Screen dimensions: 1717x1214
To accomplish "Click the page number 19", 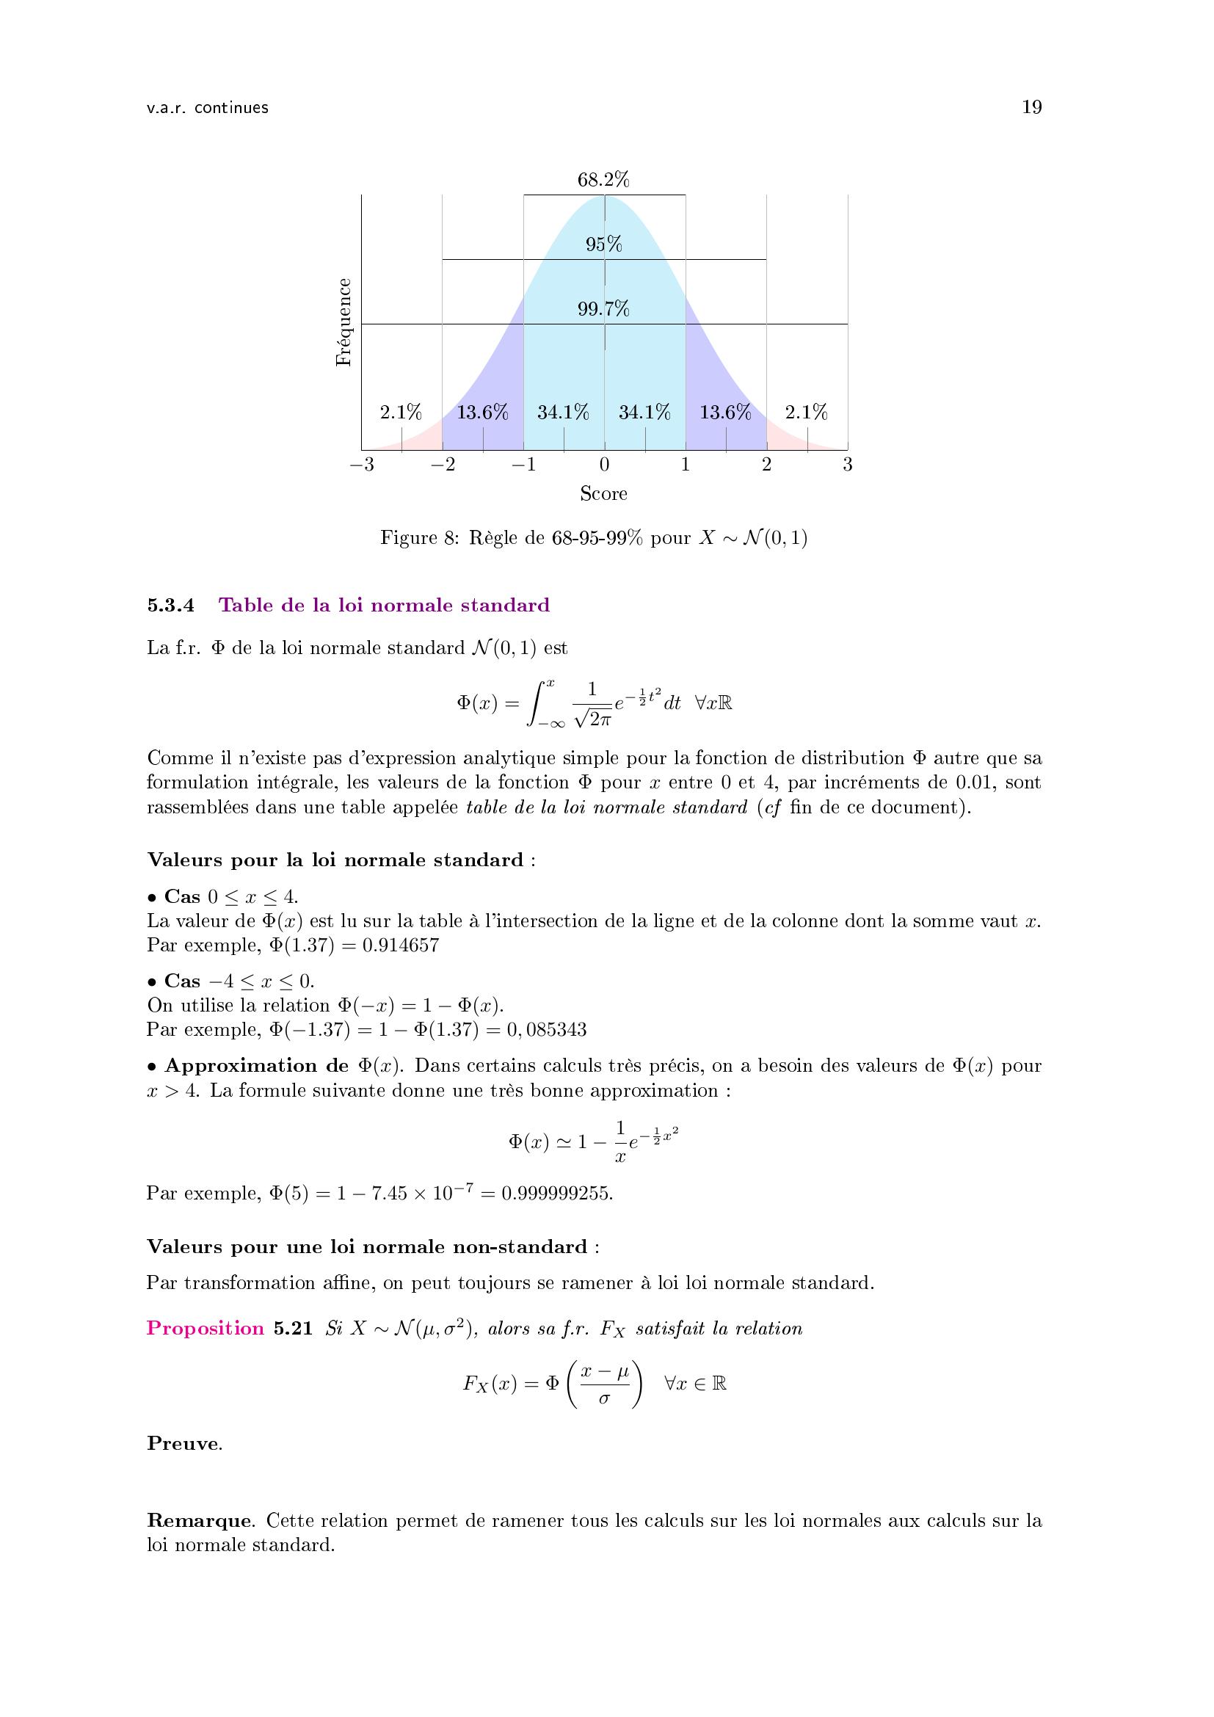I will pyautogui.click(x=1031, y=108).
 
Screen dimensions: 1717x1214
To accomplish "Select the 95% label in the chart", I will pyautogui.click(x=604, y=244).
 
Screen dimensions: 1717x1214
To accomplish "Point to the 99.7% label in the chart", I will pyautogui.click(x=603, y=309).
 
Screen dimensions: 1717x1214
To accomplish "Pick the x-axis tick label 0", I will pyautogui.click(x=604, y=465).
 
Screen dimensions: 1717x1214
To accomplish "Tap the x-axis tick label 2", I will pyautogui.click(x=766, y=465).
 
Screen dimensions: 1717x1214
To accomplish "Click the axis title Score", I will pyautogui.click(x=603, y=493).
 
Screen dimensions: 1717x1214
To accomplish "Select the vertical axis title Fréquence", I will pyautogui.click(x=343, y=322).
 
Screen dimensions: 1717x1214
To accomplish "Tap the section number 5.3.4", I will pyautogui.click(x=170, y=606).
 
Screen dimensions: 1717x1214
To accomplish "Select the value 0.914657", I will pyautogui.click(x=400, y=946).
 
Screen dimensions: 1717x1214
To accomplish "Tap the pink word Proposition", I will pyautogui.click(x=206, y=1329).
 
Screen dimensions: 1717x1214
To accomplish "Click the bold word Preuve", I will pyautogui.click(x=183, y=1444).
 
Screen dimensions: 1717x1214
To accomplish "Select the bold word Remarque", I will pyautogui.click(x=198, y=1521).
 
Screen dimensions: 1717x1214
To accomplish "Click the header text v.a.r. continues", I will pyautogui.click(x=208, y=109).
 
